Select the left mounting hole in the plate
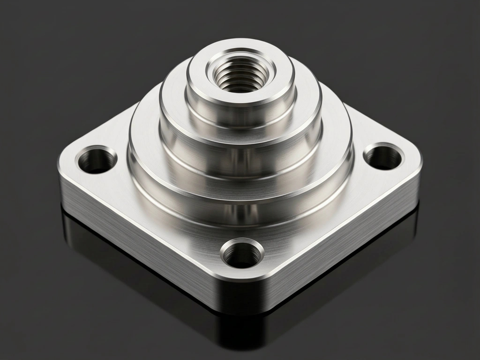97,160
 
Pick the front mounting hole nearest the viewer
242,254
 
